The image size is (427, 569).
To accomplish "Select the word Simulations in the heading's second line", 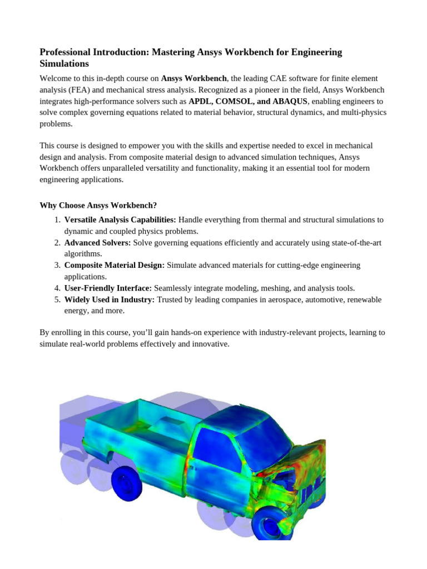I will (x=64, y=64).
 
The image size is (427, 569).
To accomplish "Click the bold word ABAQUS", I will (x=287, y=102).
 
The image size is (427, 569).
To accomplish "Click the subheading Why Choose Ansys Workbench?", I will (x=102, y=205).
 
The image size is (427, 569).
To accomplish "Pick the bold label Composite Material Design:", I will (x=115, y=266).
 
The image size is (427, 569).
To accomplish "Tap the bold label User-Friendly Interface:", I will (x=108, y=288).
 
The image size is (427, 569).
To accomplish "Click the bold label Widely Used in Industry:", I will (x=110, y=300).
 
